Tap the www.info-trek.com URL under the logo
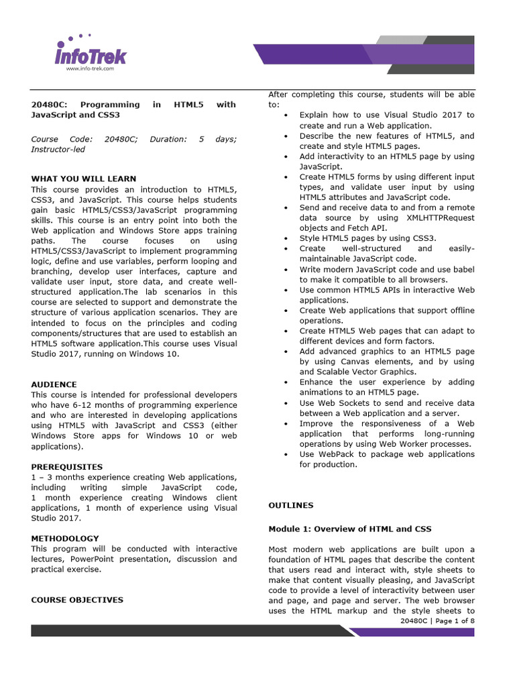[x=90, y=68]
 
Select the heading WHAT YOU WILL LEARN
[x=84, y=179]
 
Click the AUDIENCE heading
[x=54, y=384]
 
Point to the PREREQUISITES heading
[x=67, y=466]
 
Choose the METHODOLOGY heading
[x=65, y=538]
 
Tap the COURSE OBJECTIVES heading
[x=77, y=600]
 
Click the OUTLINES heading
[x=290, y=505]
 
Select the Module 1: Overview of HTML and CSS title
[x=350, y=529]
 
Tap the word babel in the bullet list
[x=463, y=269]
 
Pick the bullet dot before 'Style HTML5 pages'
[x=286, y=238]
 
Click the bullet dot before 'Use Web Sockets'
[x=286, y=403]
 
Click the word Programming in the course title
[x=110, y=105]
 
